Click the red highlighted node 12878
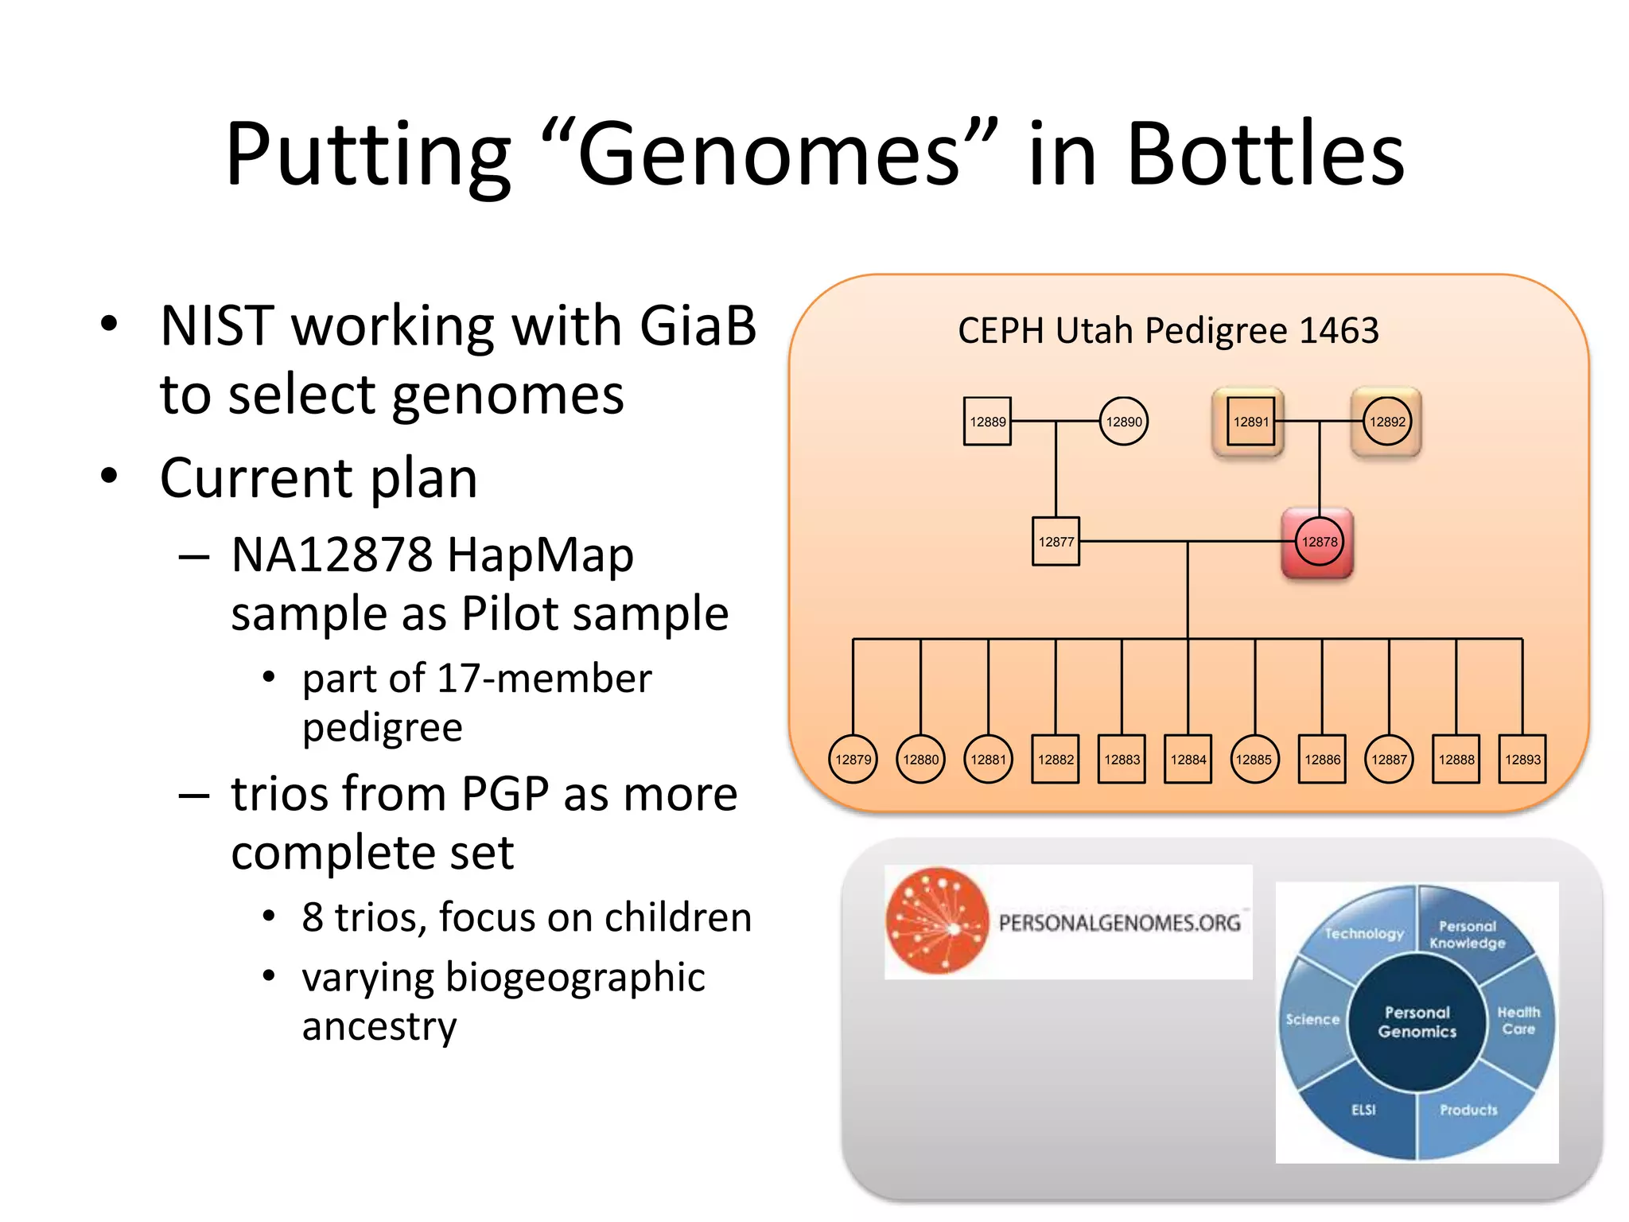[x=1319, y=542]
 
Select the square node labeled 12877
[x=1056, y=542]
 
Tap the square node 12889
[x=987, y=422]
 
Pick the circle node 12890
[x=1124, y=422]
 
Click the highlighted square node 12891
[x=1250, y=422]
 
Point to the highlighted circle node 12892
[x=1387, y=422]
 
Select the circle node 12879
[x=853, y=760]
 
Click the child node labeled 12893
[x=1522, y=760]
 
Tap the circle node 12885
[x=1254, y=760]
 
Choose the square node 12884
[x=1188, y=760]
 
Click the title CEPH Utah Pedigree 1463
[x=1168, y=330]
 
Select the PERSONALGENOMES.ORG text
[x=1119, y=923]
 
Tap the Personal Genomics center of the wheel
[x=1417, y=1022]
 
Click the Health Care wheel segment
[x=1518, y=1021]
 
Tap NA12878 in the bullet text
[x=333, y=555]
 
